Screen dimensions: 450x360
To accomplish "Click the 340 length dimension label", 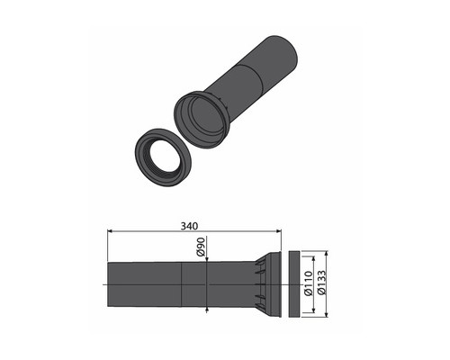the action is click(x=189, y=226).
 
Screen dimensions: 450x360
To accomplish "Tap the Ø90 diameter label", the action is click(x=201, y=247).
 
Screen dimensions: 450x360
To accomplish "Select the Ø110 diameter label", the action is click(x=309, y=283).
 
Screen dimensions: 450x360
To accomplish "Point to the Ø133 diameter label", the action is click(x=321, y=283).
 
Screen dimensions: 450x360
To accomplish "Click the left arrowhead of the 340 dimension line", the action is click(x=110, y=231).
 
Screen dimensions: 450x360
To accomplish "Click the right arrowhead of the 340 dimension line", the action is click(x=279, y=231).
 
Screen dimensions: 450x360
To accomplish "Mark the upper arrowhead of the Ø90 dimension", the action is click(x=207, y=259).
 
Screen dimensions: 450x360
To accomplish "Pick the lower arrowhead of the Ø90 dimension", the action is click(x=207, y=310).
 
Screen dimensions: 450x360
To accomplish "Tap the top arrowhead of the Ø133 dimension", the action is click(x=327, y=254).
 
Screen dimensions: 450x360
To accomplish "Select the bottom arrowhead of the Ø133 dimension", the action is click(x=327, y=314).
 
